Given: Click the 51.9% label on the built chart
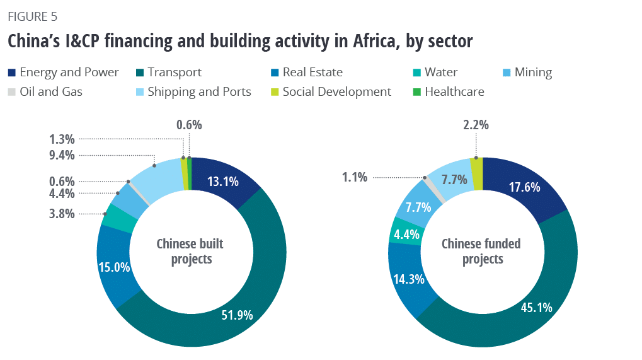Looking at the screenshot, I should coord(237,315).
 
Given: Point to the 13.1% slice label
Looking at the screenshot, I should coord(223,182).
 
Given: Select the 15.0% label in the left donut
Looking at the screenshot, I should coord(114,267).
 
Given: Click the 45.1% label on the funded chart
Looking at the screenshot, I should coord(536,308).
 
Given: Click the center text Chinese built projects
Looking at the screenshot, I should coord(190,251).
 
